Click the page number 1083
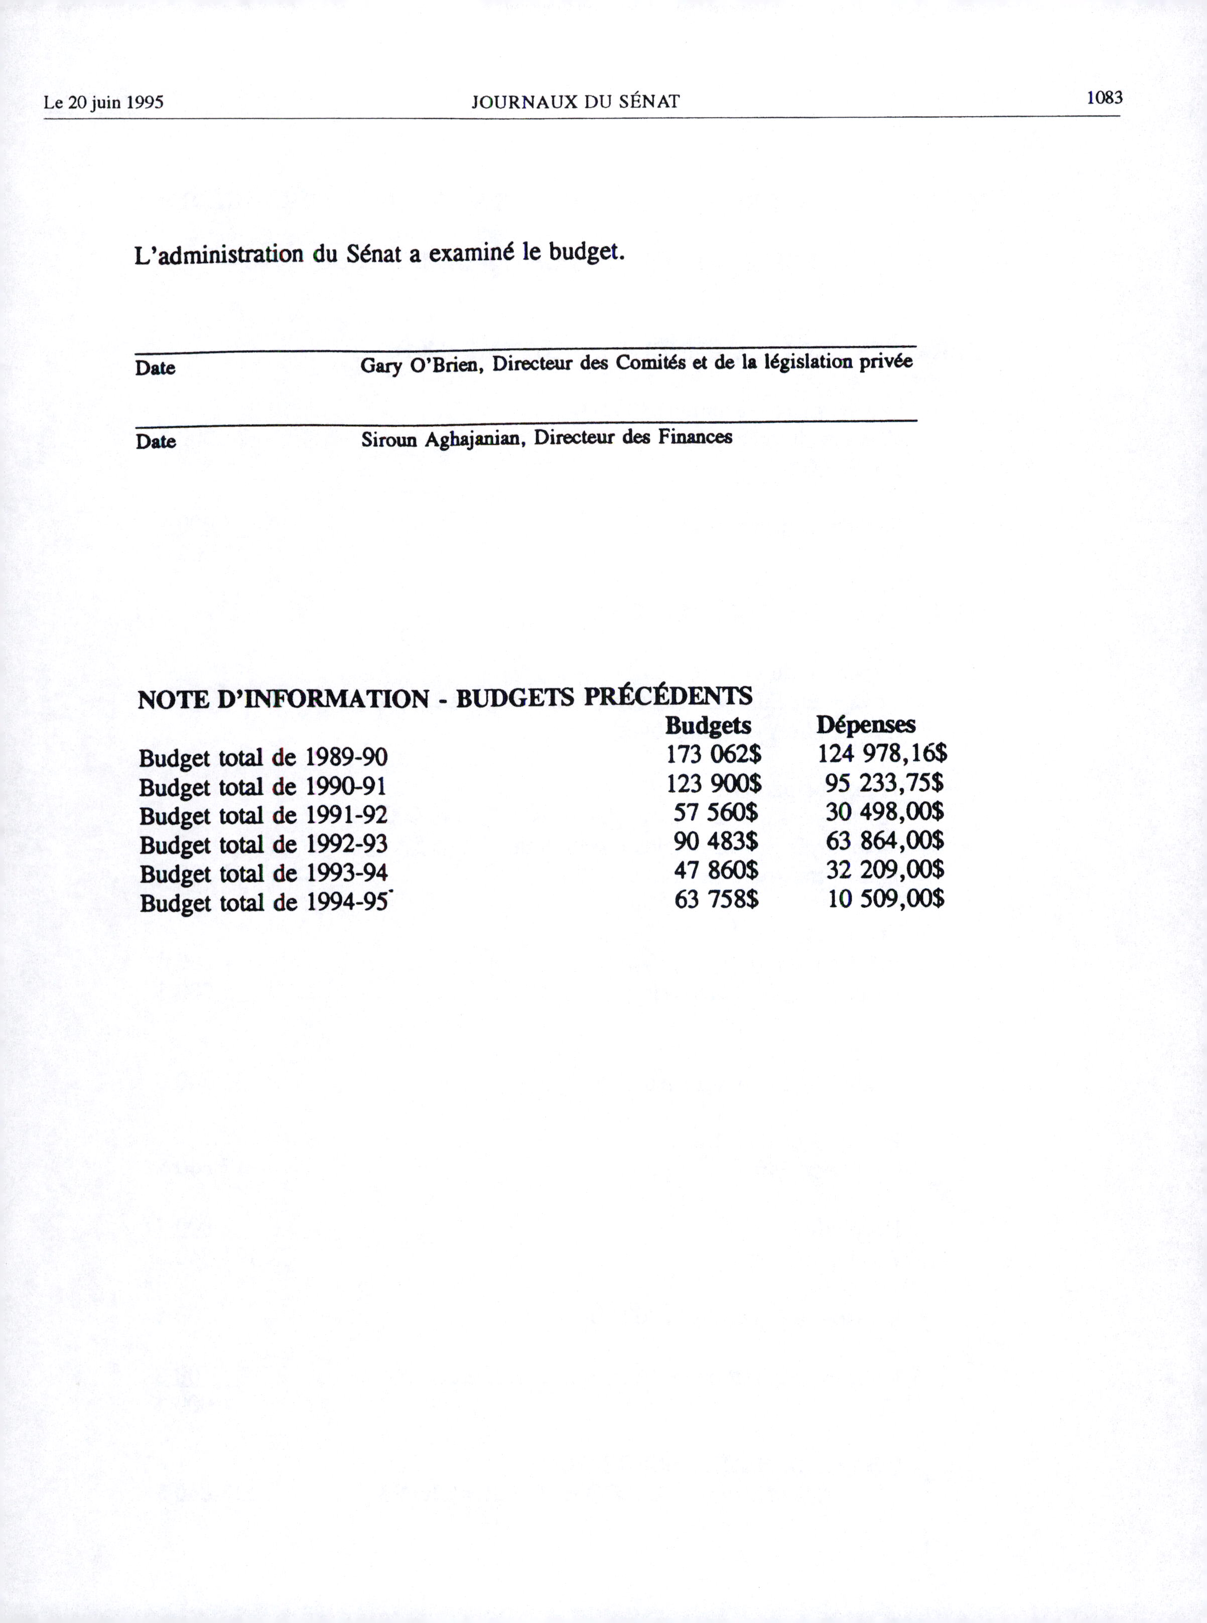click(x=1104, y=97)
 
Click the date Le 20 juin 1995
click(x=104, y=102)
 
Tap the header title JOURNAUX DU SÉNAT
click(x=576, y=101)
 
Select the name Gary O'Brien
click(x=420, y=364)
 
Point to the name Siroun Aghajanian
click(x=444, y=440)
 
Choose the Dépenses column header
click(x=866, y=724)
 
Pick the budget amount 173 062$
click(x=714, y=754)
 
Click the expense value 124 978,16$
click(x=882, y=753)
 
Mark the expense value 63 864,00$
click(x=885, y=840)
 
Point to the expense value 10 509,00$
click(x=885, y=898)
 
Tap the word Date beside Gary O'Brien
click(x=155, y=367)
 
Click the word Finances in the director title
click(x=694, y=437)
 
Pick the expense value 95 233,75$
click(x=884, y=783)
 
